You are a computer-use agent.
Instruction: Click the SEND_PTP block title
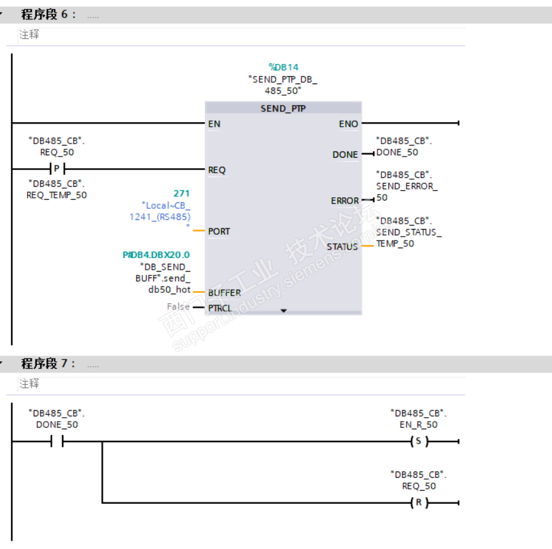coord(283,109)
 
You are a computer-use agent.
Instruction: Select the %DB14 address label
coord(283,67)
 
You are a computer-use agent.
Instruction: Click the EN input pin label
coord(214,124)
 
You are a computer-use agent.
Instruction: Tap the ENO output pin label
coord(348,124)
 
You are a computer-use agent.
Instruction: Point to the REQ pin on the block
coord(217,170)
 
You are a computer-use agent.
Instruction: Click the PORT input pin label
coord(218,231)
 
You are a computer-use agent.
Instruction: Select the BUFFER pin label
coord(224,293)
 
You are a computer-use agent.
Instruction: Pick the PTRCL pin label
coord(220,308)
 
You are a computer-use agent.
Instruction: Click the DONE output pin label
coord(345,155)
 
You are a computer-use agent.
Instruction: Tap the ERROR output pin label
coord(345,200)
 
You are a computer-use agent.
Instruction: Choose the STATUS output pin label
coord(342,247)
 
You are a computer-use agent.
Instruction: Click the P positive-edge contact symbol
coord(58,169)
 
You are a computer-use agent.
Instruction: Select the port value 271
coord(181,193)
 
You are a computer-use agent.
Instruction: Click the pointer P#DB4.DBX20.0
coord(156,255)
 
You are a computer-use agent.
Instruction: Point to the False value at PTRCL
coord(178,307)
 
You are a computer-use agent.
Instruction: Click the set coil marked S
coord(419,441)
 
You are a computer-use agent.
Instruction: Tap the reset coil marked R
coord(419,502)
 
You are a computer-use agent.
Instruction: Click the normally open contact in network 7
coord(57,441)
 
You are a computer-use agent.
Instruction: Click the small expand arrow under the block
coord(283,310)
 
